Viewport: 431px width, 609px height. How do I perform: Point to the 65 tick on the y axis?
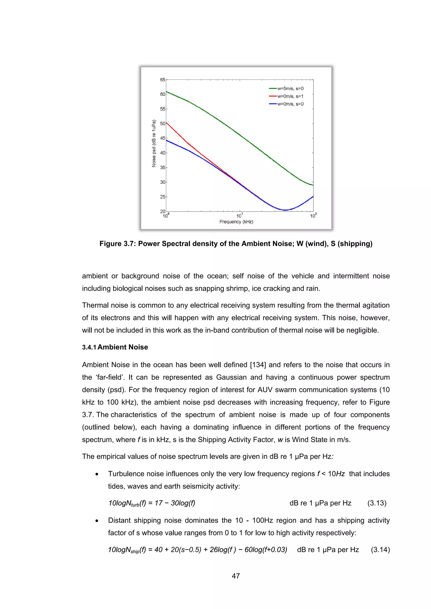(x=162, y=79)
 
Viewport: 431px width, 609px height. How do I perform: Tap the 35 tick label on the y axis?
(x=162, y=168)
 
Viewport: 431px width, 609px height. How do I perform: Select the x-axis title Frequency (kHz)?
(x=236, y=222)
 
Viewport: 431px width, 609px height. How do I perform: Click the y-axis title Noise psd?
(x=154, y=143)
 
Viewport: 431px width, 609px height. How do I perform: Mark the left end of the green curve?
(x=167, y=92)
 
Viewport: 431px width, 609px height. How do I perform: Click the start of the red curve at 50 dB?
(x=167, y=123)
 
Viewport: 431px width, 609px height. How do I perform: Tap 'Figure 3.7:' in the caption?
(x=118, y=244)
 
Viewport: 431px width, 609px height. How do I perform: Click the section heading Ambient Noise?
(x=123, y=347)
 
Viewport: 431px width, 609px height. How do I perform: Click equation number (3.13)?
(x=377, y=503)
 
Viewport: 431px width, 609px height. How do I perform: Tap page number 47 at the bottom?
(x=236, y=576)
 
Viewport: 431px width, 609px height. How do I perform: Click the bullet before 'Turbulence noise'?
(x=97, y=474)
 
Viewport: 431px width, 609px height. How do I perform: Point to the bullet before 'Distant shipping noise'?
(x=97, y=521)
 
